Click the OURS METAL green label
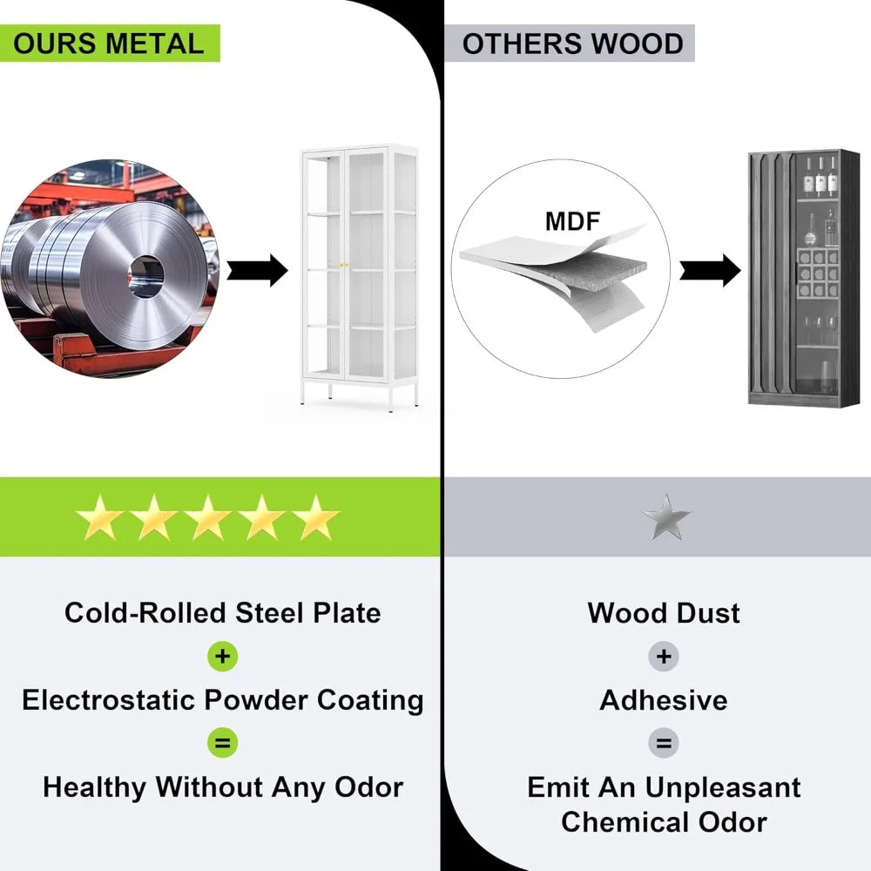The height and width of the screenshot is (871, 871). point(109,44)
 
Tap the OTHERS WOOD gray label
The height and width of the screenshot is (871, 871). point(572,44)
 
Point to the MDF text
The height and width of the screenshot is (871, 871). point(572,221)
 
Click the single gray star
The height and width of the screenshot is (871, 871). point(666,517)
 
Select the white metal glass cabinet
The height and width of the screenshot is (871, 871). point(359,274)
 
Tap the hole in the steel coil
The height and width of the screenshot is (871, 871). point(147,276)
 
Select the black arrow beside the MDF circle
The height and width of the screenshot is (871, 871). point(710,270)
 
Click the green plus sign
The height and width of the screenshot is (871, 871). point(223,657)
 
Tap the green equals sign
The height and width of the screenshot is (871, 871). point(223,744)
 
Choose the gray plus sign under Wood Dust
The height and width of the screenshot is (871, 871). point(664,657)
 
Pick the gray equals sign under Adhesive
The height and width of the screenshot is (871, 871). point(664,744)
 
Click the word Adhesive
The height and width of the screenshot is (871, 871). point(664,700)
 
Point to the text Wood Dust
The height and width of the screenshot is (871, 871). point(664,613)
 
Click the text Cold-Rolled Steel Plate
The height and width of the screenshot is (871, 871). point(223,613)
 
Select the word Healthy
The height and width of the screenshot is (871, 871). point(95,787)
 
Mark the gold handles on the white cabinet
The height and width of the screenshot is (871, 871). point(343,265)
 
